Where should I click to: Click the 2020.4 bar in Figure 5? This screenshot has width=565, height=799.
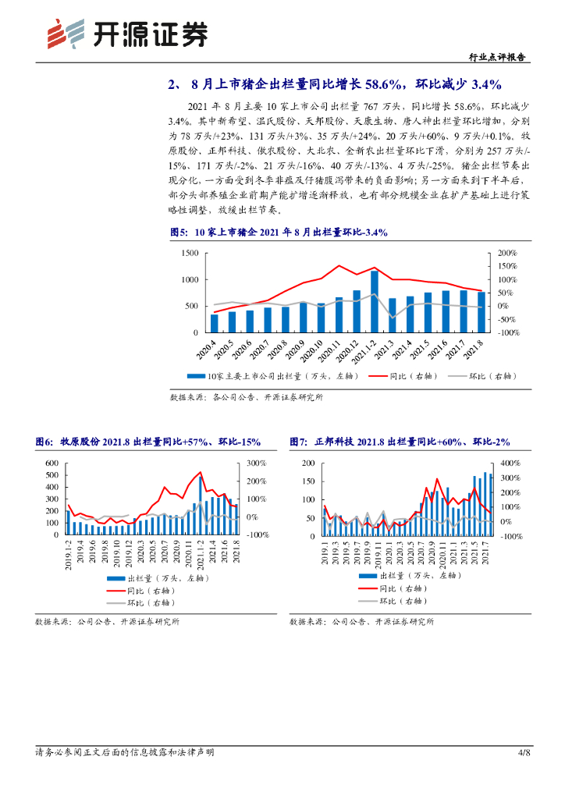tap(215, 323)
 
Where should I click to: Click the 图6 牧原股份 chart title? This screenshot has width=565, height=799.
tap(147, 442)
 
